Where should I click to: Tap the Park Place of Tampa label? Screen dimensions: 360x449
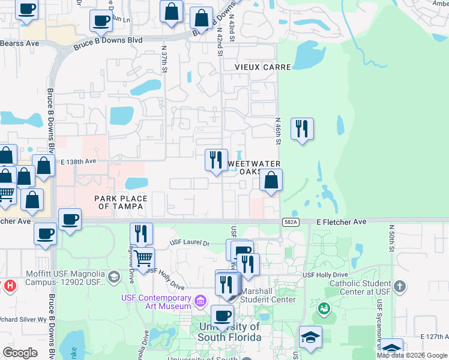click(119, 202)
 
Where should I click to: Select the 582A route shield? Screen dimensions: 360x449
click(289, 222)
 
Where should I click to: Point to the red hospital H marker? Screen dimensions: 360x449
click(9, 286)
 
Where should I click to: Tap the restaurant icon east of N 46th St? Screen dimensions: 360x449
click(302, 128)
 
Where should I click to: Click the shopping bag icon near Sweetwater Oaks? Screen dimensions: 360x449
click(271, 179)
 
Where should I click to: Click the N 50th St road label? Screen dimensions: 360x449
click(391, 238)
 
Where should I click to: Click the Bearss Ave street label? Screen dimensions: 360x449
click(19, 43)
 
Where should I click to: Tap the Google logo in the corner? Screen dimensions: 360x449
click(20, 352)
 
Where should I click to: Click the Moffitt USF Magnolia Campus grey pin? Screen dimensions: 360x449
click(115, 277)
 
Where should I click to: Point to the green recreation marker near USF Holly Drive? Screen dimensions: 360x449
click(324, 308)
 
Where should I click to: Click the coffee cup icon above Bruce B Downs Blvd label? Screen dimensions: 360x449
click(100, 21)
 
